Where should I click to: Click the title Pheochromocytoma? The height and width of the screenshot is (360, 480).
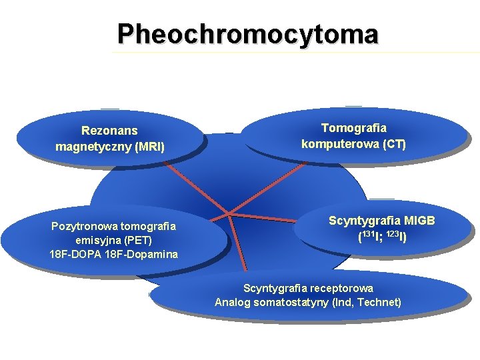[x=247, y=33]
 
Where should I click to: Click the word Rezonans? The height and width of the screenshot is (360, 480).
[x=109, y=131]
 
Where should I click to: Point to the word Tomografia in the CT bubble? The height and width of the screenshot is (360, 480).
[x=353, y=127]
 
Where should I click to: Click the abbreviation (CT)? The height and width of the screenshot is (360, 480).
[x=393, y=143]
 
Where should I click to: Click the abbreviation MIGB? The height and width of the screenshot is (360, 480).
[x=419, y=220]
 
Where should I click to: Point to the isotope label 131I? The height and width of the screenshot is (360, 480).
[x=369, y=236]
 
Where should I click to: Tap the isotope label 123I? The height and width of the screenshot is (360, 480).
[x=397, y=236]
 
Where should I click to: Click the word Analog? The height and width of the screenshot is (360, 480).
[x=231, y=303]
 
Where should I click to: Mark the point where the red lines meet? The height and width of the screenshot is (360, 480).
[x=229, y=214]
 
